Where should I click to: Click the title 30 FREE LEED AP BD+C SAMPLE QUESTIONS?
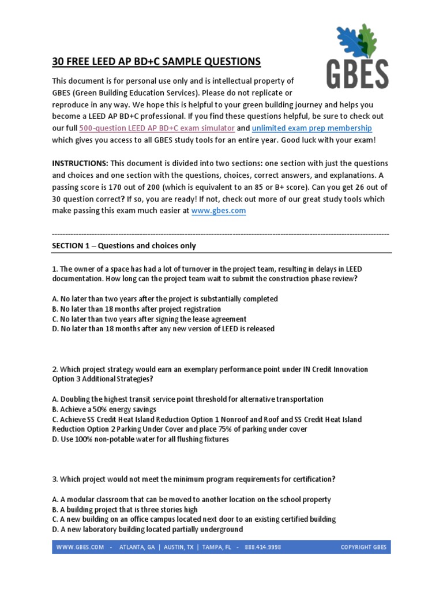[156, 62]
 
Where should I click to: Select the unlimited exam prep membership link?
[312, 128]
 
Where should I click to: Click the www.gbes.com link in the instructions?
[219, 211]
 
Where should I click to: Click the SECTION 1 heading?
[124, 246]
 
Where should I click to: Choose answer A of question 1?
[165, 299]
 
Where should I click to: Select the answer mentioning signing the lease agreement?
[149, 319]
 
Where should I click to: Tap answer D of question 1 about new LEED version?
[163, 328]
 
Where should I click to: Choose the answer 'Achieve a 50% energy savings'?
[104, 409]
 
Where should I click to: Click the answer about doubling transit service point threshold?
[187, 399]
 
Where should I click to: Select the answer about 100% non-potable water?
[140, 439]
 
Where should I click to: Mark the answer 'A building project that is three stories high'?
[125, 510]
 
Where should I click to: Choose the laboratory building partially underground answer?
[147, 529]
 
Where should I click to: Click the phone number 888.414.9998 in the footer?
[262, 547]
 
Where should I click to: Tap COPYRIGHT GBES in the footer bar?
[363, 547]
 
